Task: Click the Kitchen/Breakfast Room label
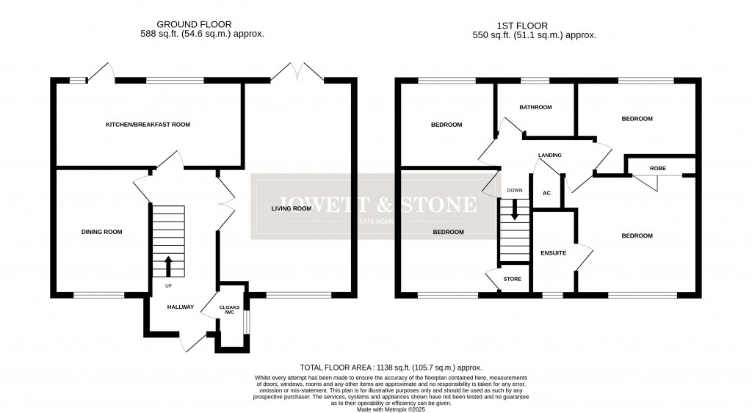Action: [x=148, y=125]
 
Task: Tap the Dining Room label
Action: [x=101, y=232]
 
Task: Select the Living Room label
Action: [x=291, y=208]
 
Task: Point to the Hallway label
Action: [x=179, y=307]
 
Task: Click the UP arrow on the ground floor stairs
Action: [x=168, y=265]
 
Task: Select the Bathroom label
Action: [x=535, y=108]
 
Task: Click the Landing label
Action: [x=549, y=156]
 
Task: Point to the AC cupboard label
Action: [x=546, y=194]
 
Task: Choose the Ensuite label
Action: [x=553, y=253]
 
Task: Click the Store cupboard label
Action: [x=512, y=279]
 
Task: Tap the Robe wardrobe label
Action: [x=658, y=169]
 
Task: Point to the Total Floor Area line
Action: [x=391, y=367]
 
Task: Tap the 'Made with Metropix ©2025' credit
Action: [x=391, y=410]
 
